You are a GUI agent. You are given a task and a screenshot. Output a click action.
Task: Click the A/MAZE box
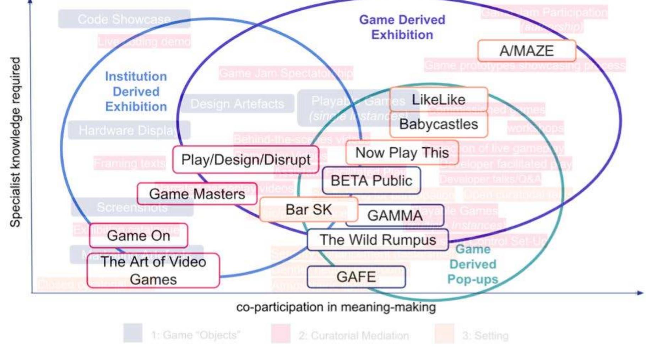526,51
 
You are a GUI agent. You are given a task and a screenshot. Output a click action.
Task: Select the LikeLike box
439,100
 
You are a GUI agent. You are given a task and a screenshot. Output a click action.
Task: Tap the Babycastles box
439,125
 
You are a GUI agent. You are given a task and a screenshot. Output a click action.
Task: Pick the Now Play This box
402,153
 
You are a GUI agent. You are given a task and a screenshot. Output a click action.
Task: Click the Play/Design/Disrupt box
246,160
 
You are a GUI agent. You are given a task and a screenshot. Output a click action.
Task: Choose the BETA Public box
371,181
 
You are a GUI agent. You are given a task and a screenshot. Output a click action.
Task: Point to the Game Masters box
197,194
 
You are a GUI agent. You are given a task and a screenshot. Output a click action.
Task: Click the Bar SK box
309,209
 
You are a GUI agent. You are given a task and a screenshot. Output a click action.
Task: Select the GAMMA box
395,216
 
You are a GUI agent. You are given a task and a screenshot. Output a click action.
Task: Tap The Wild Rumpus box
378,240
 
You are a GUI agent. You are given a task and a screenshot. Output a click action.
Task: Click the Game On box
139,236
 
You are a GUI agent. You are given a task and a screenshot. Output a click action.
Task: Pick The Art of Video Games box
153,271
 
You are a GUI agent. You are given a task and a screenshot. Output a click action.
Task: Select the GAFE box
356,277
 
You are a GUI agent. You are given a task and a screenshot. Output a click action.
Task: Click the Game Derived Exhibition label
402,27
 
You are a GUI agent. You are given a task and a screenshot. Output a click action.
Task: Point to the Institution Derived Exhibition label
136,92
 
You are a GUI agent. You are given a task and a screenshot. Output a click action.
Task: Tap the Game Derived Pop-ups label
473,264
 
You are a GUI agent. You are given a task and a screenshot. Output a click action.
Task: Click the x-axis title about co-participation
336,307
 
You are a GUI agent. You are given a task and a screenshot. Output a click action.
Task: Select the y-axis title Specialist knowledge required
15,142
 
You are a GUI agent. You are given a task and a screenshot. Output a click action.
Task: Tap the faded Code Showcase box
124,19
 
